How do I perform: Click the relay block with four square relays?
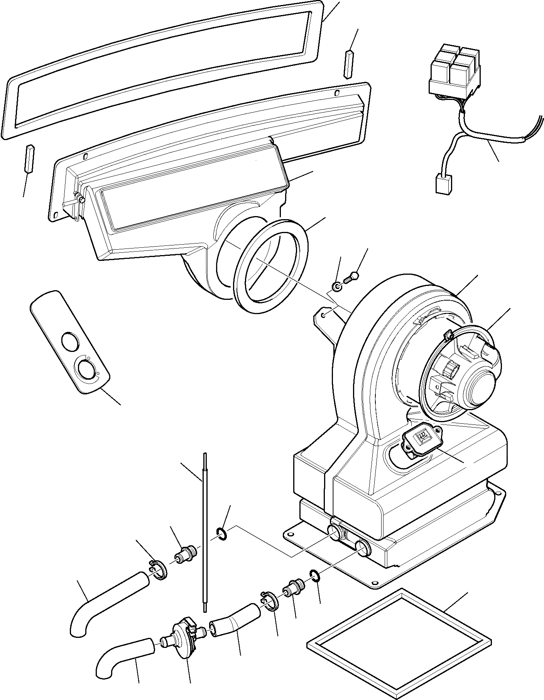pyautogui.click(x=456, y=72)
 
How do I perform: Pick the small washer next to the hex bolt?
pyautogui.click(x=337, y=287)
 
